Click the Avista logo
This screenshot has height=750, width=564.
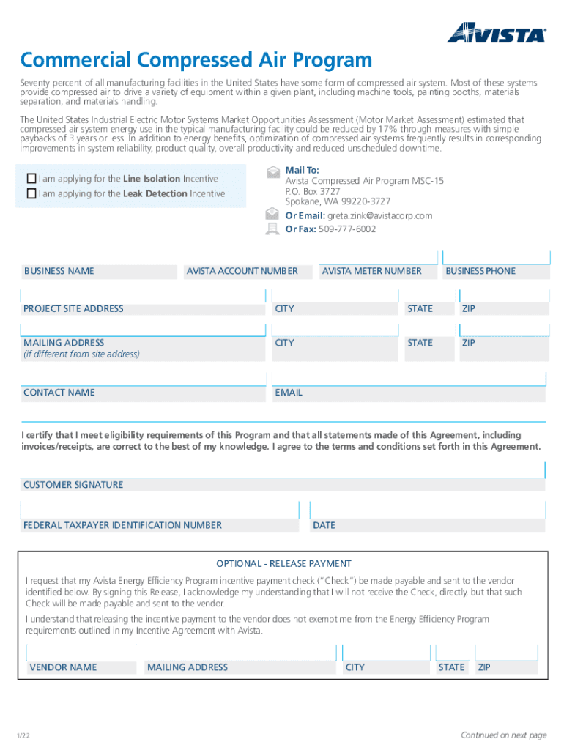pyautogui.click(x=496, y=33)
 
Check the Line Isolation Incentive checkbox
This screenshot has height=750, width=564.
pyautogui.click(x=31, y=179)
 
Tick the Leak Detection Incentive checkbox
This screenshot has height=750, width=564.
pyautogui.click(x=31, y=194)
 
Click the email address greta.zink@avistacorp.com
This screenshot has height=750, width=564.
pyautogui.click(x=379, y=215)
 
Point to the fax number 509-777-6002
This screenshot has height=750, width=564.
pyautogui.click(x=347, y=229)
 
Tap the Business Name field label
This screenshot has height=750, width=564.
pyautogui.click(x=59, y=271)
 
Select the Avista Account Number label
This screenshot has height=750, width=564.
pyautogui.click(x=242, y=271)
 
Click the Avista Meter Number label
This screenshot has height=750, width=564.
pyautogui.click(x=371, y=271)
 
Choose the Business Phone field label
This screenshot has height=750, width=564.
pyautogui.click(x=480, y=271)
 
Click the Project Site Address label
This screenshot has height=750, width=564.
pyautogui.click(x=73, y=309)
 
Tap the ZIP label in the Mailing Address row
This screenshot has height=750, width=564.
pyautogui.click(x=469, y=343)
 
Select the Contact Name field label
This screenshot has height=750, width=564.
pyautogui.click(x=59, y=393)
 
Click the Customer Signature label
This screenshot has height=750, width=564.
pyautogui.click(x=73, y=485)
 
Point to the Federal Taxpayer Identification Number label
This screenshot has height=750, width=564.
pyautogui.click(x=122, y=525)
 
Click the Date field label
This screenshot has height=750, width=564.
pyautogui.click(x=324, y=525)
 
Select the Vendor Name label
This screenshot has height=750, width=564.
pyautogui.click(x=63, y=667)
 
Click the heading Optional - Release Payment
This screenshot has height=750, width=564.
pyautogui.click(x=283, y=563)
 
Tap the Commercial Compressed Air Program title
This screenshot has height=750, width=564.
pyautogui.click(x=196, y=59)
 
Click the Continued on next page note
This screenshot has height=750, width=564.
pyautogui.click(x=503, y=735)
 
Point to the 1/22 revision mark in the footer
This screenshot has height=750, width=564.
pyautogui.click(x=26, y=735)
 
